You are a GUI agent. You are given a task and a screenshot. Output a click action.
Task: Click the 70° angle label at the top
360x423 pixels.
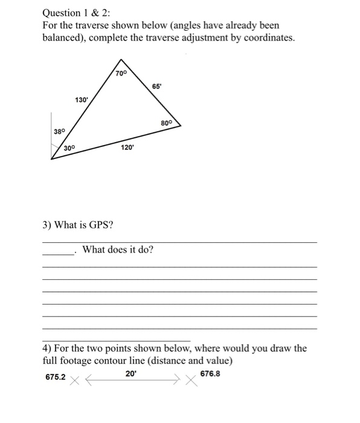(120, 73)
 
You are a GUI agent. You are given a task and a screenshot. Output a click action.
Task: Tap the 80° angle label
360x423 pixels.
(167, 123)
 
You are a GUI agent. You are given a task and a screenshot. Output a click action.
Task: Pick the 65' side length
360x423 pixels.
(157, 87)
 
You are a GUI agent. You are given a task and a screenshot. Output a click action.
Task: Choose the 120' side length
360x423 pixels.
(127, 147)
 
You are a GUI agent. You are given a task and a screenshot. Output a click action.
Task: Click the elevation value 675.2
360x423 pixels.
(56, 376)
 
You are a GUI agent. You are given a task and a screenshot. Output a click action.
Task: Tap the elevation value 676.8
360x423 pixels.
(210, 374)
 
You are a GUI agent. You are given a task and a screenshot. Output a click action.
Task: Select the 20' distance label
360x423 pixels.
(131, 374)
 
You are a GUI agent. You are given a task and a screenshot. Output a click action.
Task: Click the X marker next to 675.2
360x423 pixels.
(75, 381)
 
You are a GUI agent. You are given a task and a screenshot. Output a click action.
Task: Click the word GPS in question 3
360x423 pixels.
(100, 225)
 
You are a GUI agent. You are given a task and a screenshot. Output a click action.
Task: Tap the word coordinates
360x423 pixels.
(267, 38)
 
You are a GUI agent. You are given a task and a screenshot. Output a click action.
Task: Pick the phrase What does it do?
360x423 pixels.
(118, 250)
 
